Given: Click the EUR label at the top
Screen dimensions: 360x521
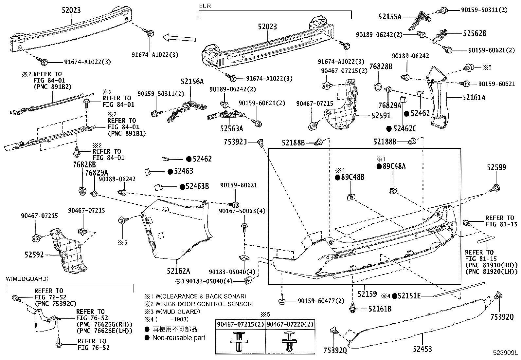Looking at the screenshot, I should click(x=205, y=6).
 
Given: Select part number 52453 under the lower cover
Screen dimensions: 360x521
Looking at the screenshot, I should click(x=422, y=349).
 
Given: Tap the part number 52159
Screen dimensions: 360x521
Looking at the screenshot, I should click(x=367, y=294).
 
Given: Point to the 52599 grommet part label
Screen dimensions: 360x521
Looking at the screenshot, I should click(x=496, y=167).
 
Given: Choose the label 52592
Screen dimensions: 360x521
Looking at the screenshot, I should click(x=34, y=254).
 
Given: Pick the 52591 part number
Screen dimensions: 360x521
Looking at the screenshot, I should click(x=381, y=116).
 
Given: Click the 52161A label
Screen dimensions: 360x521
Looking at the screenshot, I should click(x=474, y=97).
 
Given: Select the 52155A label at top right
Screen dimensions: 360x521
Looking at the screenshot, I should click(x=390, y=16).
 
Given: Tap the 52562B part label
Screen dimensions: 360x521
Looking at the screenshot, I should click(x=474, y=33).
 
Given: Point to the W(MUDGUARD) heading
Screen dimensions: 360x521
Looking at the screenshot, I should click(x=27, y=279).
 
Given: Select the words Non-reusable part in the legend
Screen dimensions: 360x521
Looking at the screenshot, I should click(x=179, y=338).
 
